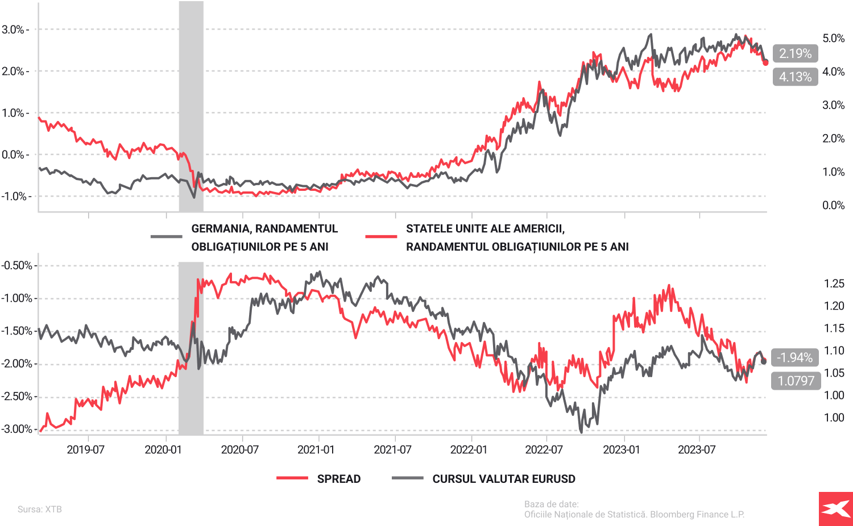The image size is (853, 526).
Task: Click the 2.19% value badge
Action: point(795,53)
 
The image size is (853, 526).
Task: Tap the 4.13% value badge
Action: point(795,77)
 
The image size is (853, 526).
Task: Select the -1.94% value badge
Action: point(794,357)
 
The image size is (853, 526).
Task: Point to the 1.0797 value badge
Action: point(796,381)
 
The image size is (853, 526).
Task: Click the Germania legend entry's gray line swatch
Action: point(166,237)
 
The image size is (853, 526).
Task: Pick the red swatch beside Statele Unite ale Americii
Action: point(381,237)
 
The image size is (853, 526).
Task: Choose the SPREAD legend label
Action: point(339,479)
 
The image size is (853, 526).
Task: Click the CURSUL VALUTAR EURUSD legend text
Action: point(504,479)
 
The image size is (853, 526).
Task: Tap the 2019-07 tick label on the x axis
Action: point(86,450)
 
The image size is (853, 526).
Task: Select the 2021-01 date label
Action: point(316,450)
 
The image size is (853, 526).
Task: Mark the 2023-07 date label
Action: point(697,450)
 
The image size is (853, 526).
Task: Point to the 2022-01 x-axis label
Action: point(469,450)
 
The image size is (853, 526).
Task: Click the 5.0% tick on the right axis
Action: point(833,38)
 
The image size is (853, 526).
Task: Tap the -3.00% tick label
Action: point(16,429)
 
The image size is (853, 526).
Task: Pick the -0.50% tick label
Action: point(16,265)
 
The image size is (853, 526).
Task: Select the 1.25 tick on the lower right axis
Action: point(834,283)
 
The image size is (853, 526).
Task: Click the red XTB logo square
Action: point(836,509)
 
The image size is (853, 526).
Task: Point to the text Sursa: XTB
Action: point(40,509)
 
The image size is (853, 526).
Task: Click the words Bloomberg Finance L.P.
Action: point(697,515)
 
